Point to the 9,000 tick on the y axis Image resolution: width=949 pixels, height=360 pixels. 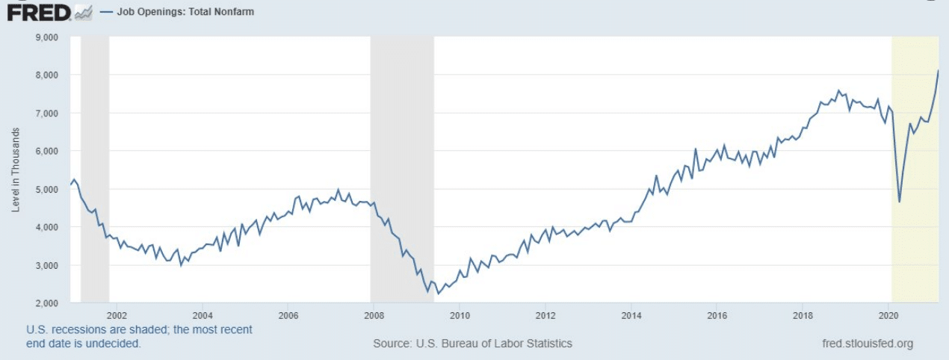[x=48, y=37]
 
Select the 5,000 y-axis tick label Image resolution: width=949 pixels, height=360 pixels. [x=48, y=189]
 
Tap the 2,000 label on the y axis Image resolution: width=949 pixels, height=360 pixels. [x=48, y=302]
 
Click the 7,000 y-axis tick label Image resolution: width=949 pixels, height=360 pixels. [x=48, y=113]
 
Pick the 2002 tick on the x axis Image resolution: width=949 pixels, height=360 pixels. [x=117, y=314]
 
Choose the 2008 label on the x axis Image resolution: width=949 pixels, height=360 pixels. [x=374, y=314]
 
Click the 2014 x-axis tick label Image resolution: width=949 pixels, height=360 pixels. [x=631, y=314]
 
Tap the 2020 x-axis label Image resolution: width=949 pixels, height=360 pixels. [x=888, y=314]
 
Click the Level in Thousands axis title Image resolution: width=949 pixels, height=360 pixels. [x=16, y=170]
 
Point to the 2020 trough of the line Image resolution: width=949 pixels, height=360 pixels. [x=900, y=202]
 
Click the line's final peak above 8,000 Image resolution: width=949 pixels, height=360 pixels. [x=938, y=70]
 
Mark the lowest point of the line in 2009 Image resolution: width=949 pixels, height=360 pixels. [x=438, y=294]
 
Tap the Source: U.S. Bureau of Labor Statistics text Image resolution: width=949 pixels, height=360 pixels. [x=472, y=344]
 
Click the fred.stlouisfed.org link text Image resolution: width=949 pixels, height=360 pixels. [x=866, y=344]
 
